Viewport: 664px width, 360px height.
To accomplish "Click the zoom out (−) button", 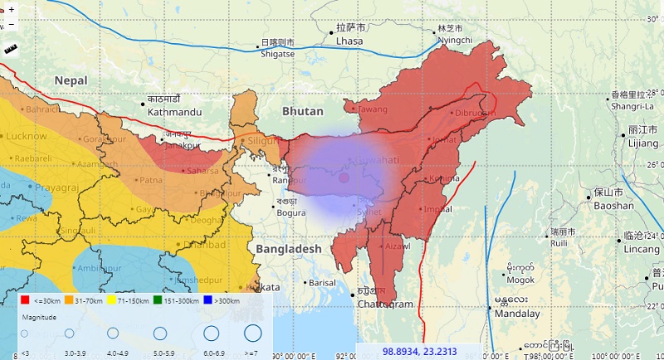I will point(11,24).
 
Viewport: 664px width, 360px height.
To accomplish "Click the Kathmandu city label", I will point(174,111).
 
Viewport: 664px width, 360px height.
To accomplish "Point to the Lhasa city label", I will point(349,40).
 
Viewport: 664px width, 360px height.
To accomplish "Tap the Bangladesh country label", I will point(288,249).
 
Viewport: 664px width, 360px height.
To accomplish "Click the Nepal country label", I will point(71,80).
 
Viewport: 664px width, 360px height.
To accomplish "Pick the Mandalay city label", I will point(516,314).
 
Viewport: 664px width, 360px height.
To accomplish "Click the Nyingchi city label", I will point(455,40).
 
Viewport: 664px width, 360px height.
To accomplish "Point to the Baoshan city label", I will point(613,205).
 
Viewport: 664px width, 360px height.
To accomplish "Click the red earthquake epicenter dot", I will point(344,178).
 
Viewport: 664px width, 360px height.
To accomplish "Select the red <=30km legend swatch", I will point(25,300).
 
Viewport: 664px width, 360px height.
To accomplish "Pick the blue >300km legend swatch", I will point(209,300).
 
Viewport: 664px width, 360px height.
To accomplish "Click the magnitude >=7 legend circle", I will point(252,333).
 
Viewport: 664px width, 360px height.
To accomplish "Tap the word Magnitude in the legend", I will point(39,318).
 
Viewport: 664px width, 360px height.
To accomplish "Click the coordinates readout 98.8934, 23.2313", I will point(419,352).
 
